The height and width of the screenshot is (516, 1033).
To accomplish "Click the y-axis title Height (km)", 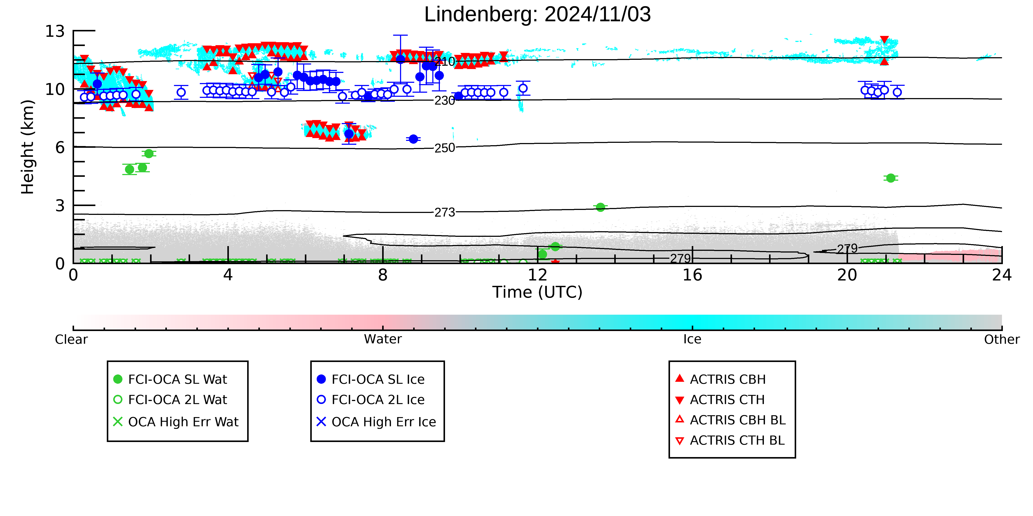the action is [28, 147].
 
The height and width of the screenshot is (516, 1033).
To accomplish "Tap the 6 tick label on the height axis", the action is [60, 147].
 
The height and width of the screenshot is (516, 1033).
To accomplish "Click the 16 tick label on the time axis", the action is [693, 275].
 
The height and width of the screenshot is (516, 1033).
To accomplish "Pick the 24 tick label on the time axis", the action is [1002, 275].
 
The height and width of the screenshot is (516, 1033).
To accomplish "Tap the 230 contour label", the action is [445, 101].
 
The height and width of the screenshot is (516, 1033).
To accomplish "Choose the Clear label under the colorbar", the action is [71, 339].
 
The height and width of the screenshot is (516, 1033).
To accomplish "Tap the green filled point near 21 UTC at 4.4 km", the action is [891, 178].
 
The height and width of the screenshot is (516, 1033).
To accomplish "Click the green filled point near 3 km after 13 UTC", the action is [600, 207].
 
